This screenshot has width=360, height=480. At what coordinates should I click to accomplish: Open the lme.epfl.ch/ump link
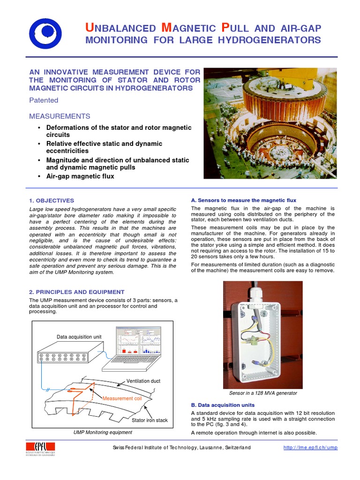pyautogui.click(x=310, y=448)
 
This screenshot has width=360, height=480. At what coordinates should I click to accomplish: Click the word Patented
pyautogui.click(x=44, y=100)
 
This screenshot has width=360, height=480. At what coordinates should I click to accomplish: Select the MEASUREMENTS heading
pyautogui.click(x=60, y=116)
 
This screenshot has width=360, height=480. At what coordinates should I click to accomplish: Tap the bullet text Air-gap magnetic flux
pyautogui.click(x=80, y=176)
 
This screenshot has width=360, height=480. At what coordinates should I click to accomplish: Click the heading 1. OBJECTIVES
pyautogui.click(x=52, y=201)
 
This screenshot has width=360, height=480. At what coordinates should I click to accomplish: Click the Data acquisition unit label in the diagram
pyautogui.click(x=79, y=337)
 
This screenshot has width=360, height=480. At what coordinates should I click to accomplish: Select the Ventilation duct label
pyautogui.click(x=143, y=381)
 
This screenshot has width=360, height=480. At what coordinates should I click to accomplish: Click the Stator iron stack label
pyautogui.click(x=149, y=420)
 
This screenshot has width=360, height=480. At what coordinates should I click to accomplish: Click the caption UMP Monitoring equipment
pyautogui.click(x=103, y=432)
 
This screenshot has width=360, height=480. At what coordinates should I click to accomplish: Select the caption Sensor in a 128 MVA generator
pyautogui.click(x=262, y=393)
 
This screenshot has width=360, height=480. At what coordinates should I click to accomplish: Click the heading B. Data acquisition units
pyautogui.click(x=223, y=405)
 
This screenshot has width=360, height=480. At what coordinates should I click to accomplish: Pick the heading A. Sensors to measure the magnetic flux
pyautogui.click(x=243, y=201)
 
